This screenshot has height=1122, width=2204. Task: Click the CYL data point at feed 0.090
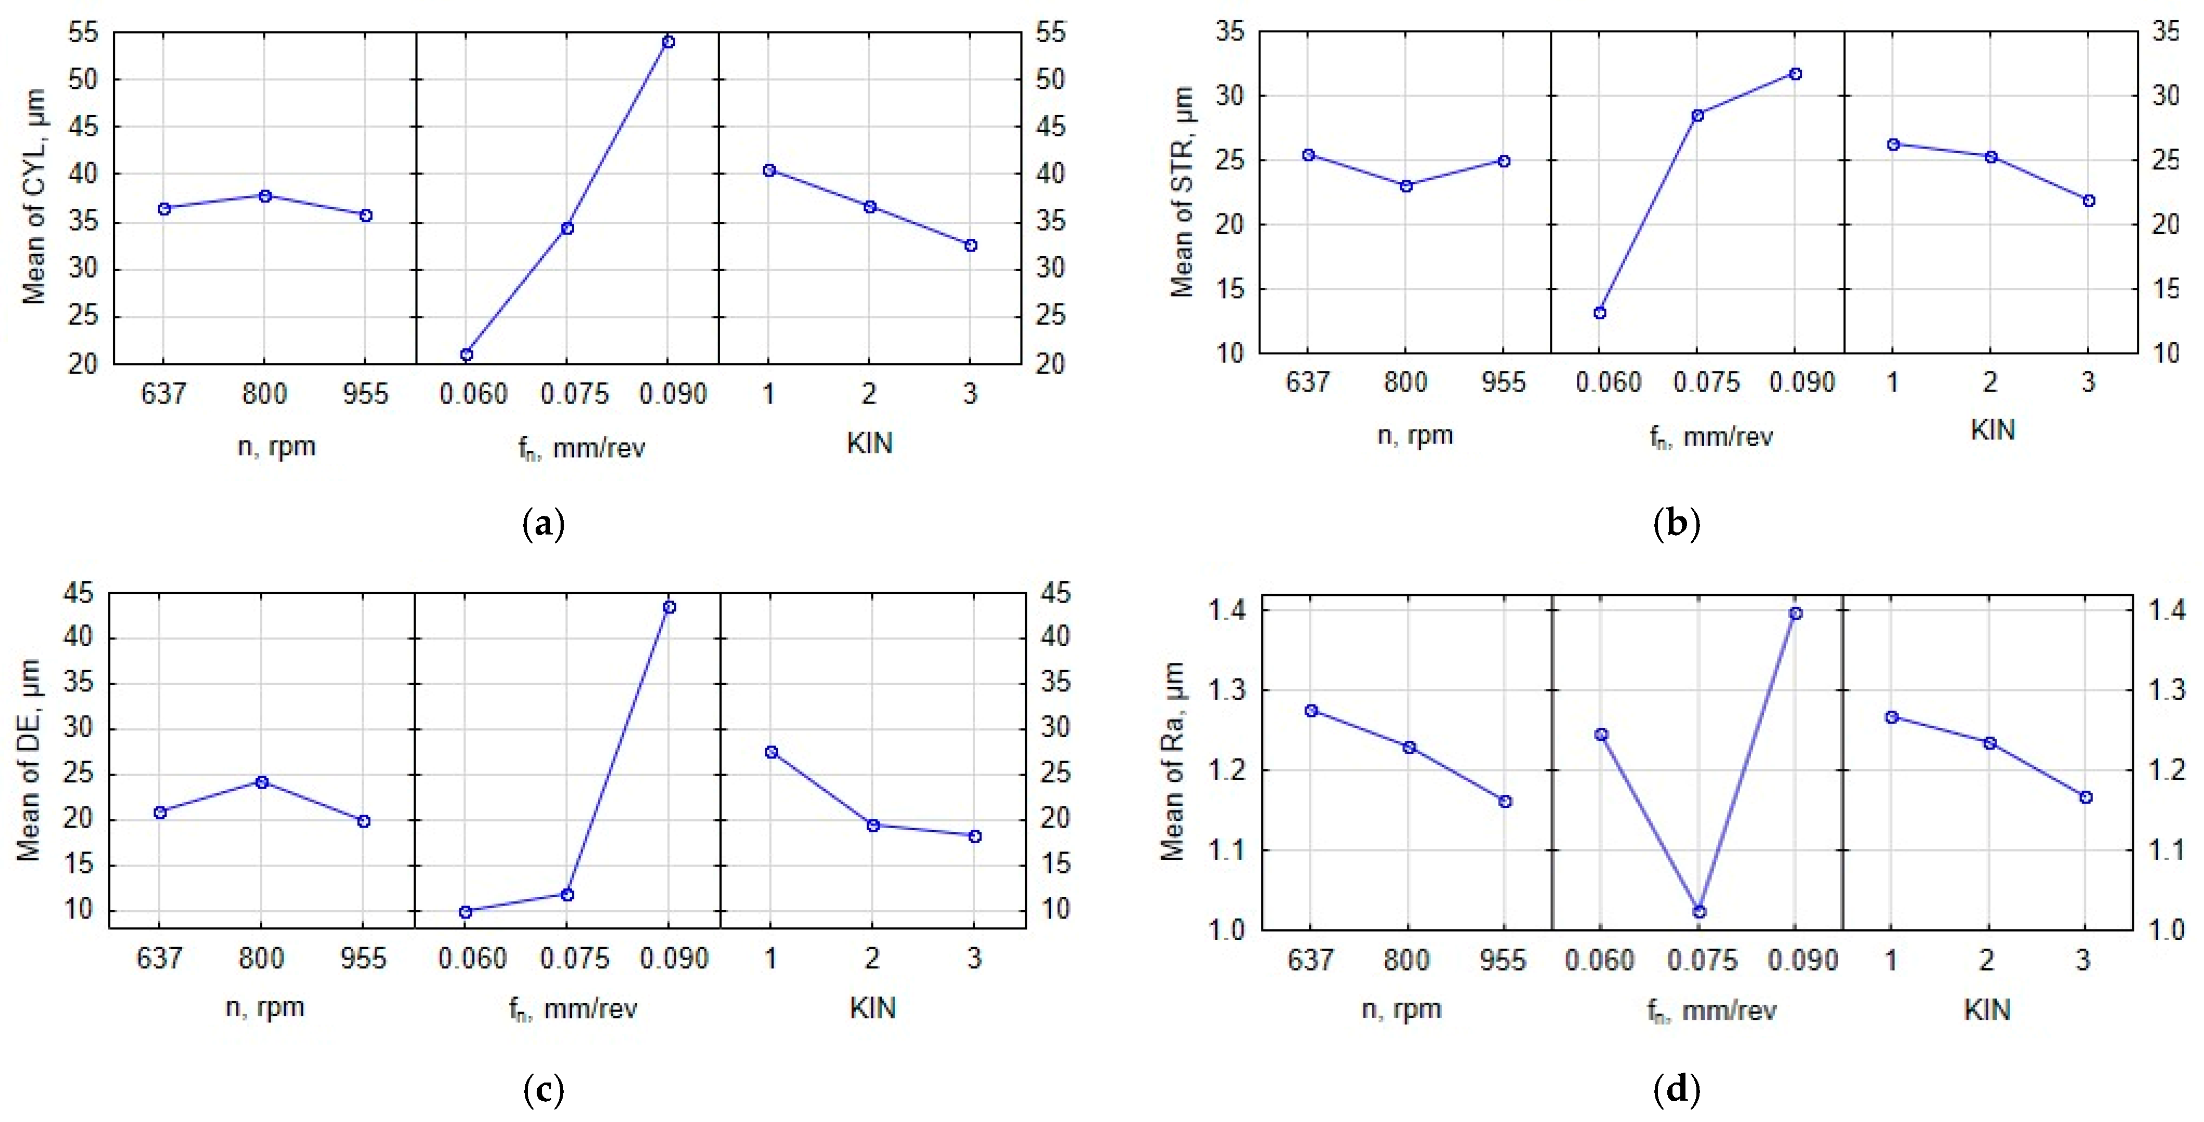click(x=668, y=42)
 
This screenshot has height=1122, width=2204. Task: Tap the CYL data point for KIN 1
click(x=769, y=170)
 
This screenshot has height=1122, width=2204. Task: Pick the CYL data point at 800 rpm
click(x=265, y=196)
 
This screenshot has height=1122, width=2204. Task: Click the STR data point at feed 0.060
click(x=1600, y=313)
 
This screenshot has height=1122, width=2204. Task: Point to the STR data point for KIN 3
click(x=2089, y=200)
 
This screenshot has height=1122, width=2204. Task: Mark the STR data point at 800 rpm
click(x=1406, y=185)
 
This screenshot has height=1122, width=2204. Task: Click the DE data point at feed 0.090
click(x=669, y=607)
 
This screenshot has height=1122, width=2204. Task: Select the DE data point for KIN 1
click(x=771, y=752)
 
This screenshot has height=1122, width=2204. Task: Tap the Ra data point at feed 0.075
click(x=1700, y=912)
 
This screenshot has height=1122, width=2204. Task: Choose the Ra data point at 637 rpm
click(x=1311, y=711)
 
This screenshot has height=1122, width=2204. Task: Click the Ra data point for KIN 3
click(x=2086, y=797)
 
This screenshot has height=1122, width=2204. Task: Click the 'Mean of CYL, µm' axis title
click(x=34, y=197)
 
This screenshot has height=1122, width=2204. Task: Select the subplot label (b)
click(x=1676, y=523)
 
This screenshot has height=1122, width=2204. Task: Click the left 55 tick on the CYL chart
click(x=83, y=33)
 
